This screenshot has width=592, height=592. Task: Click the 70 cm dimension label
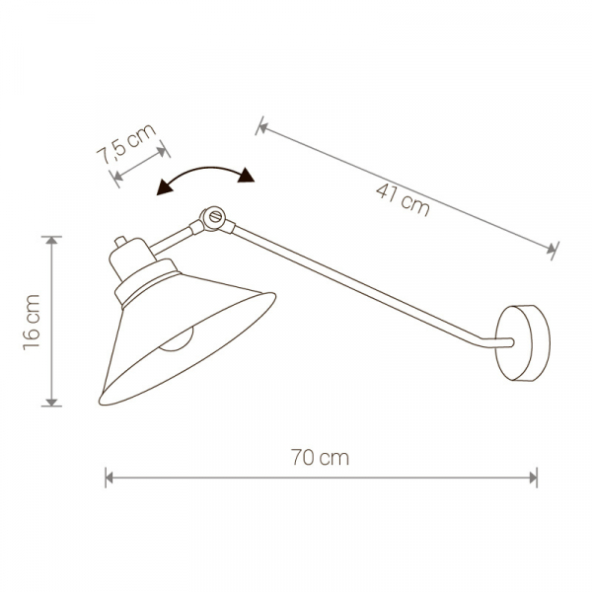pyautogui.click(x=320, y=457)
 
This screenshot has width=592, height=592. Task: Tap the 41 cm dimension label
pyautogui.click(x=403, y=199)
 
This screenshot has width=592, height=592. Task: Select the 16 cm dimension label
pyautogui.click(x=32, y=322)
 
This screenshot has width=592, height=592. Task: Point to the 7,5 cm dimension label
pyautogui.click(x=126, y=144)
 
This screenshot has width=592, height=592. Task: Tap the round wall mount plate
pyautogui.click(x=523, y=342)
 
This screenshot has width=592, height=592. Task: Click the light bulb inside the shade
pyautogui.click(x=176, y=339)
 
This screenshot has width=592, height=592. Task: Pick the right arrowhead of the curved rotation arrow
pyautogui.click(x=247, y=176)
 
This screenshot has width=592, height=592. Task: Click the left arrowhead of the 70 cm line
pyautogui.click(x=110, y=478)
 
